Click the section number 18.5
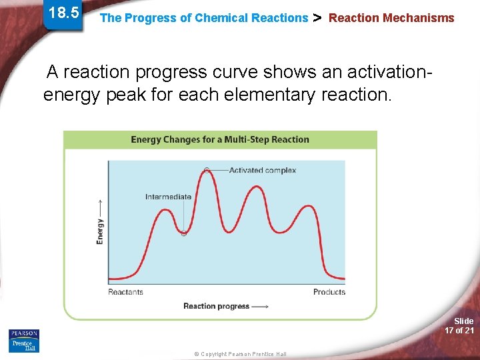coord(64,13)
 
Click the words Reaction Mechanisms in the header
coord(391,18)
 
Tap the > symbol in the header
coord(318,18)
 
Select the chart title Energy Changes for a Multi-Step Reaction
coord(220,139)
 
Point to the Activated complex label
coord(262,170)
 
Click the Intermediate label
coord(168,197)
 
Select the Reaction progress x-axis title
coord(226,306)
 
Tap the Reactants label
coord(126,292)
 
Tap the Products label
coord(329,292)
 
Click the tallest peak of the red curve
coord(207,171)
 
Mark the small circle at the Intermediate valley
coord(184,233)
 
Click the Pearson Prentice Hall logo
coord(24,340)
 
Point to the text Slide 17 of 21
coord(459,326)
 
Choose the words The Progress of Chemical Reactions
coord(203,18)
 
